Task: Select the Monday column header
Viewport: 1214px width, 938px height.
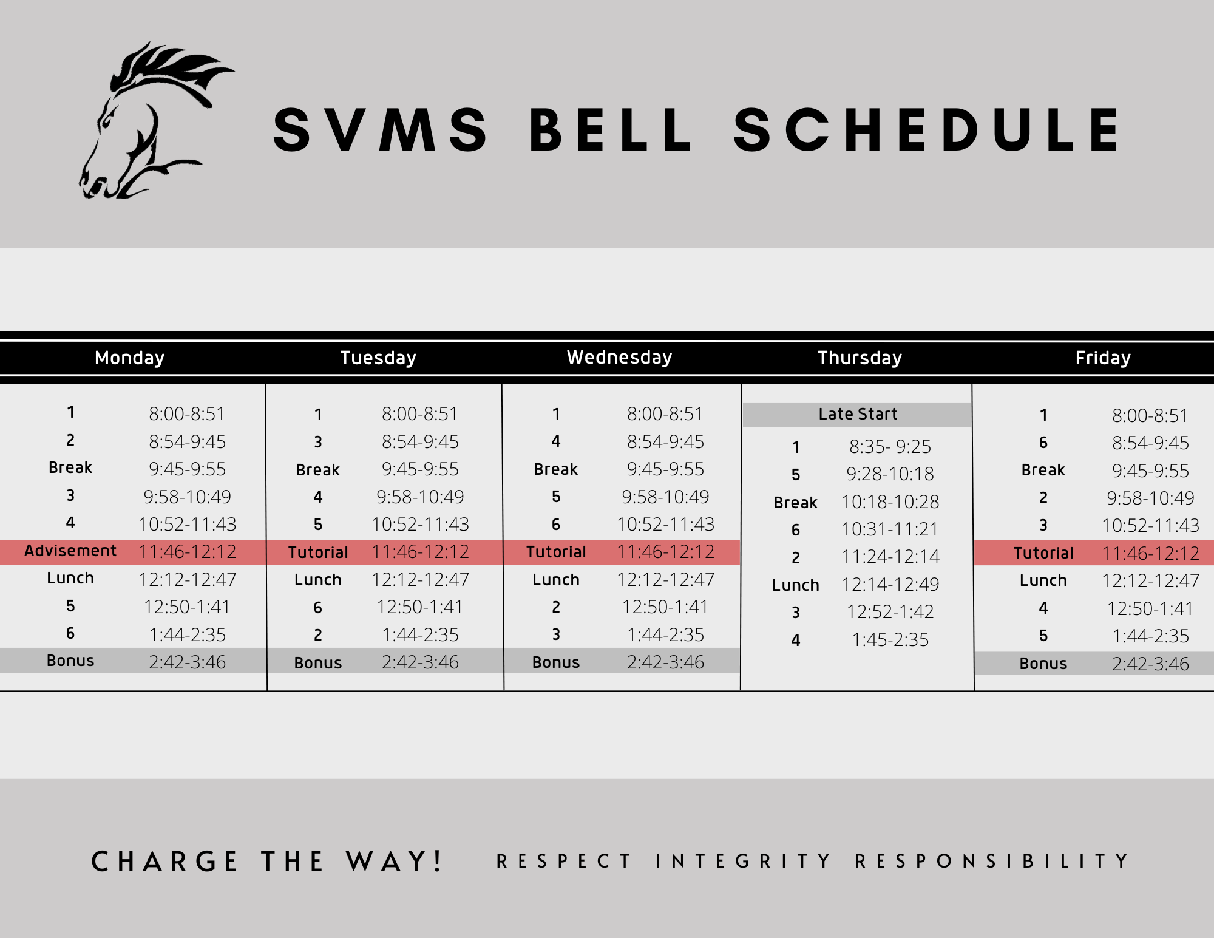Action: pyautogui.click(x=129, y=358)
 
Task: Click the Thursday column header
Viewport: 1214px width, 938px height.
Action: pyautogui.click(x=860, y=358)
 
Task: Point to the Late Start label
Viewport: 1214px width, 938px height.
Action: pyautogui.click(x=857, y=415)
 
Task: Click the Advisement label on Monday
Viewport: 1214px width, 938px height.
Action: pyautogui.click(x=70, y=551)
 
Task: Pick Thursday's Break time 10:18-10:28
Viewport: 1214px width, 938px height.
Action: pyautogui.click(x=890, y=502)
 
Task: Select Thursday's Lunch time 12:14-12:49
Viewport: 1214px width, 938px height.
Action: pyautogui.click(x=890, y=585)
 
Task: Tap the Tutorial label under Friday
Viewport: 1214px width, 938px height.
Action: pyautogui.click(x=1043, y=554)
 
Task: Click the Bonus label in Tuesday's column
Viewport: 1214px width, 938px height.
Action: pyautogui.click(x=317, y=663)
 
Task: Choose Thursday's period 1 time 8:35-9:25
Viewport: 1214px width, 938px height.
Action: pyautogui.click(x=890, y=447)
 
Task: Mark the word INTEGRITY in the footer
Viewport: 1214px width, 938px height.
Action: pyautogui.click(x=743, y=862)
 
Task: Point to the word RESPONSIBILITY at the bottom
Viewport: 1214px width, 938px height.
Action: pyautogui.click(x=992, y=862)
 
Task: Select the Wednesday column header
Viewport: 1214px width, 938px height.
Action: pyautogui.click(x=619, y=358)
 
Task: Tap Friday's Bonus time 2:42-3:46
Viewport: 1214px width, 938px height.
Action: pyautogui.click(x=1150, y=664)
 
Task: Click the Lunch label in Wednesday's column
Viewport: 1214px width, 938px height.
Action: pyautogui.click(x=555, y=580)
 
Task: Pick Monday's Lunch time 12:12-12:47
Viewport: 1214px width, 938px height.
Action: pyautogui.click(x=187, y=580)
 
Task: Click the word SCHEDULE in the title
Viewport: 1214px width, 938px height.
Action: pyautogui.click(x=927, y=130)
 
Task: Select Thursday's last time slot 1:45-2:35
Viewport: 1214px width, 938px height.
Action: pyautogui.click(x=890, y=640)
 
